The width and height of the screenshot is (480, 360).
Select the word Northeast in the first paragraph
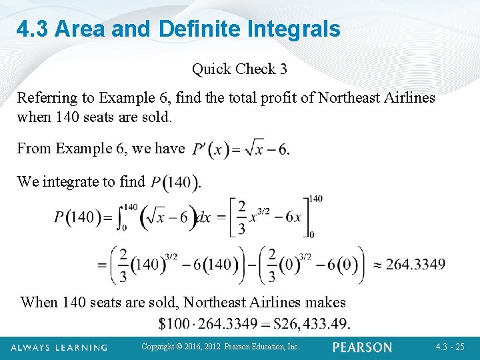pyautogui.click(x=349, y=97)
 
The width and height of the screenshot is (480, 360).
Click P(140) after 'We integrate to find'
pyautogui.click(x=175, y=182)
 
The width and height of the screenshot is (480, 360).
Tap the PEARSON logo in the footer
pyautogui.click(x=363, y=347)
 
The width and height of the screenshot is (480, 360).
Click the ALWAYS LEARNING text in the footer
pyautogui.click(x=59, y=347)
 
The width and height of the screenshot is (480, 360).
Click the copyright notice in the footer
pyautogui.click(x=221, y=347)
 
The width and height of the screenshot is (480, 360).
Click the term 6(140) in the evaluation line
pyautogui.click(x=215, y=264)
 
